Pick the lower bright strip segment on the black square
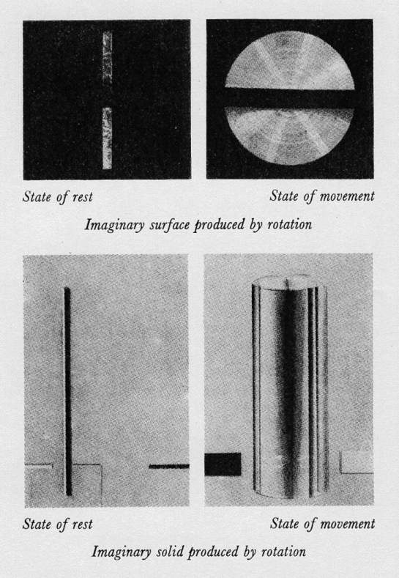pos(107,138)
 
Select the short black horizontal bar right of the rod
pos(168,466)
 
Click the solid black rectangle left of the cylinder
pos(223,464)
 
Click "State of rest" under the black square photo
pos(58,196)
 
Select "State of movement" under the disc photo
pos(321,196)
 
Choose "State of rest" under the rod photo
pos(58,525)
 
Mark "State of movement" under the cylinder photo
pos(321,525)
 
